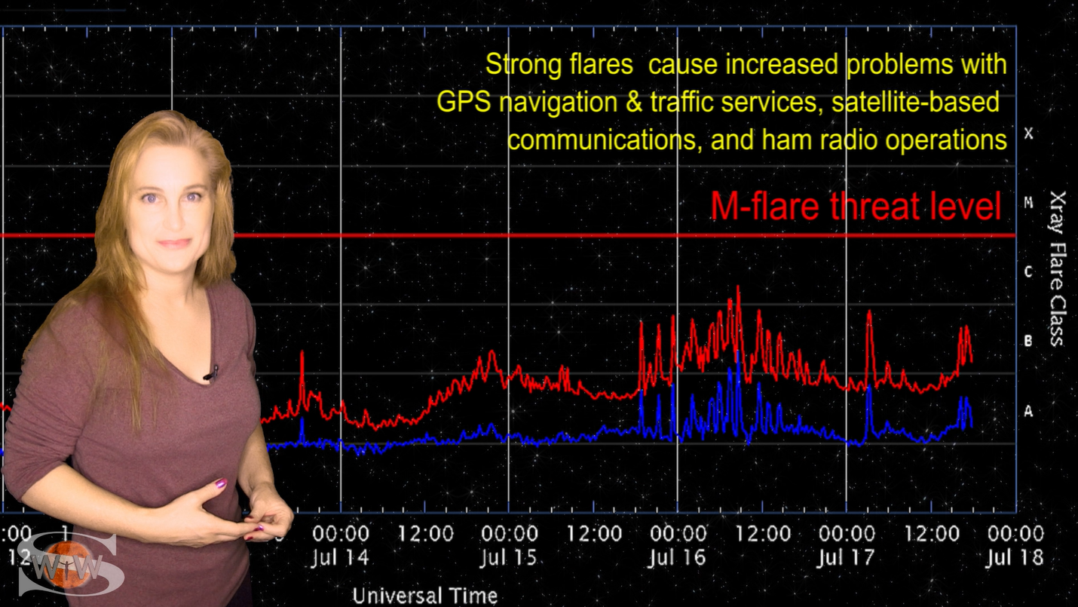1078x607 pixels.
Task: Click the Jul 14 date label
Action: [x=341, y=559]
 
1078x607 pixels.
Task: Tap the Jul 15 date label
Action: [x=509, y=559]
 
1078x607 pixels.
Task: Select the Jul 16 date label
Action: [x=677, y=559]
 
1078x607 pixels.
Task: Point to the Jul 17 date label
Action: [x=847, y=559]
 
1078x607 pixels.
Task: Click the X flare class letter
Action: [x=1028, y=134]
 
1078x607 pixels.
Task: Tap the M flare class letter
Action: [x=1028, y=202]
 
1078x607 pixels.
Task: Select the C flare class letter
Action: [x=1028, y=271]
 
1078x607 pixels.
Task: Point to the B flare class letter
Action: [x=1028, y=341]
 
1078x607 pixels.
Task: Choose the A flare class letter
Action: [x=1028, y=411]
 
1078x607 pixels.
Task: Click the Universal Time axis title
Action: [x=425, y=596]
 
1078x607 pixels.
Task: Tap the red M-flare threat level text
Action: [x=856, y=206]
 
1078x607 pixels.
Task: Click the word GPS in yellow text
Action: [x=462, y=102]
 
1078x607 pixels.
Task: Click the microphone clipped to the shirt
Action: [x=211, y=372]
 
